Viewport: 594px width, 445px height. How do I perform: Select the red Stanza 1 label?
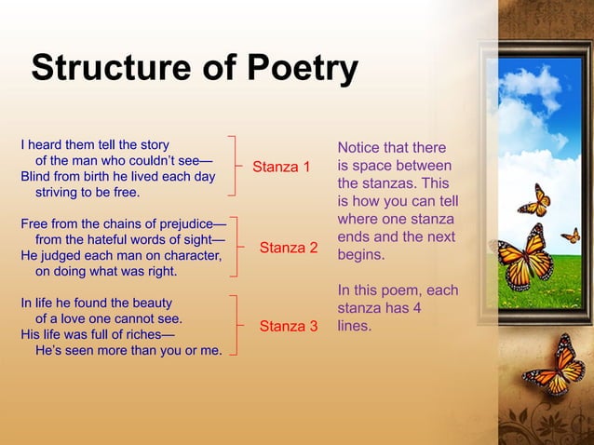(x=282, y=168)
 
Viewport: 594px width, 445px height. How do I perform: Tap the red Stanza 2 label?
(x=289, y=248)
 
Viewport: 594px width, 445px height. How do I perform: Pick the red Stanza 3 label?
(x=289, y=326)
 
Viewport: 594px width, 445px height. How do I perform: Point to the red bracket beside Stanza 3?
(x=241, y=325)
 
